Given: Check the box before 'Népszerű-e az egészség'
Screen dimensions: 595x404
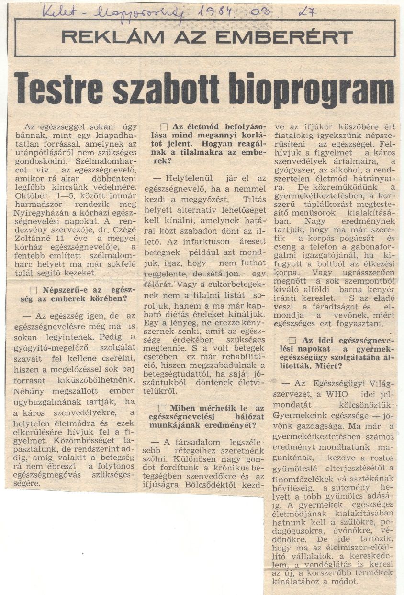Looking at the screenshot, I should click(34, 290).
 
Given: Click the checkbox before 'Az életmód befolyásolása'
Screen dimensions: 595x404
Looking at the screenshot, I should click(164, 127).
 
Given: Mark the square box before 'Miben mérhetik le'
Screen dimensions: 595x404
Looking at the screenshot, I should click(161, 408).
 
